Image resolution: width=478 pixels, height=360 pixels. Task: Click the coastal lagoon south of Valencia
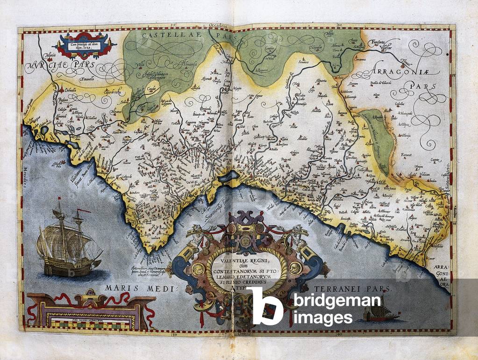click(x=231, y=176)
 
